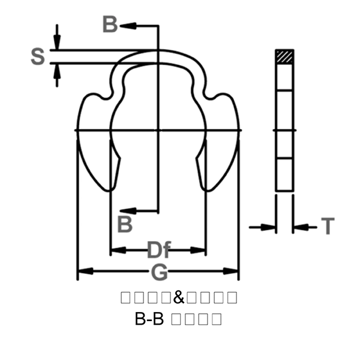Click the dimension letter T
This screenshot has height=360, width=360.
[x=328, y=226]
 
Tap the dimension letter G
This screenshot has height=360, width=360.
[x=159, y=272]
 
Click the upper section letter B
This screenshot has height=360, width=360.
[x=110, y=25]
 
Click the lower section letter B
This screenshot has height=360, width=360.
[x=124, y=224]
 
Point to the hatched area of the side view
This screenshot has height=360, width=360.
[x=284, y=56]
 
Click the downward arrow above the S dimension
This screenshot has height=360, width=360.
[x=56, y=42]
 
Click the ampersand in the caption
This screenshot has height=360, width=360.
[x=179, y=297]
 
